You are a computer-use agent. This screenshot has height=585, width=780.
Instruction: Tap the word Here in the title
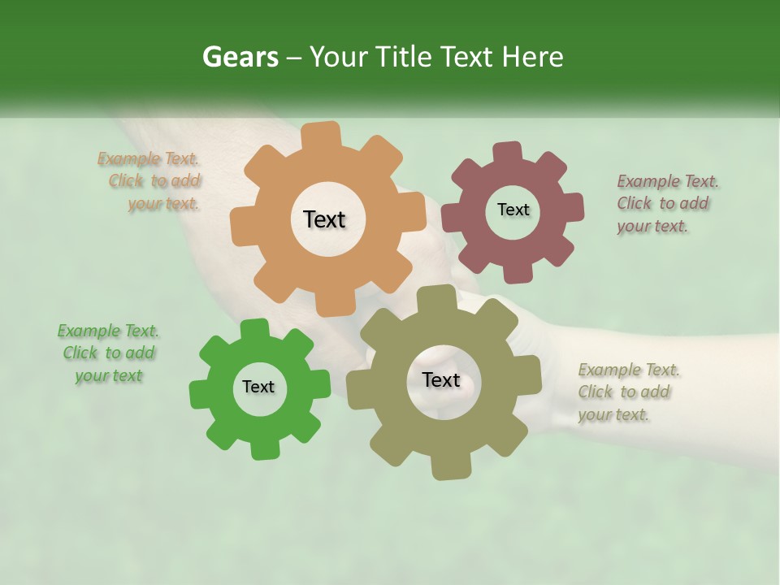pos(532,57)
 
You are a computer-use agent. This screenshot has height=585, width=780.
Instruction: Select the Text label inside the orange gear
pos(324,219)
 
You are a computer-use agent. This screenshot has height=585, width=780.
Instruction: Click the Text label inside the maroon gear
pos(513,210)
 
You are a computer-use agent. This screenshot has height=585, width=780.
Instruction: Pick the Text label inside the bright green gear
pos(258,387)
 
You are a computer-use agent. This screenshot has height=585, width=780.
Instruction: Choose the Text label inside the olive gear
pos(441,379)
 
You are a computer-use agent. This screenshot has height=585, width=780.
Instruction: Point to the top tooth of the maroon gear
pos(507,153)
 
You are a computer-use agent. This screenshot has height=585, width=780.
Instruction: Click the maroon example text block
pos(665,203)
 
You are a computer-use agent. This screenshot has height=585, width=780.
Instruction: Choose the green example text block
pos(109,353)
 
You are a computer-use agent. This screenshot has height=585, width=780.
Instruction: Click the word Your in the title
pos(336,57)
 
